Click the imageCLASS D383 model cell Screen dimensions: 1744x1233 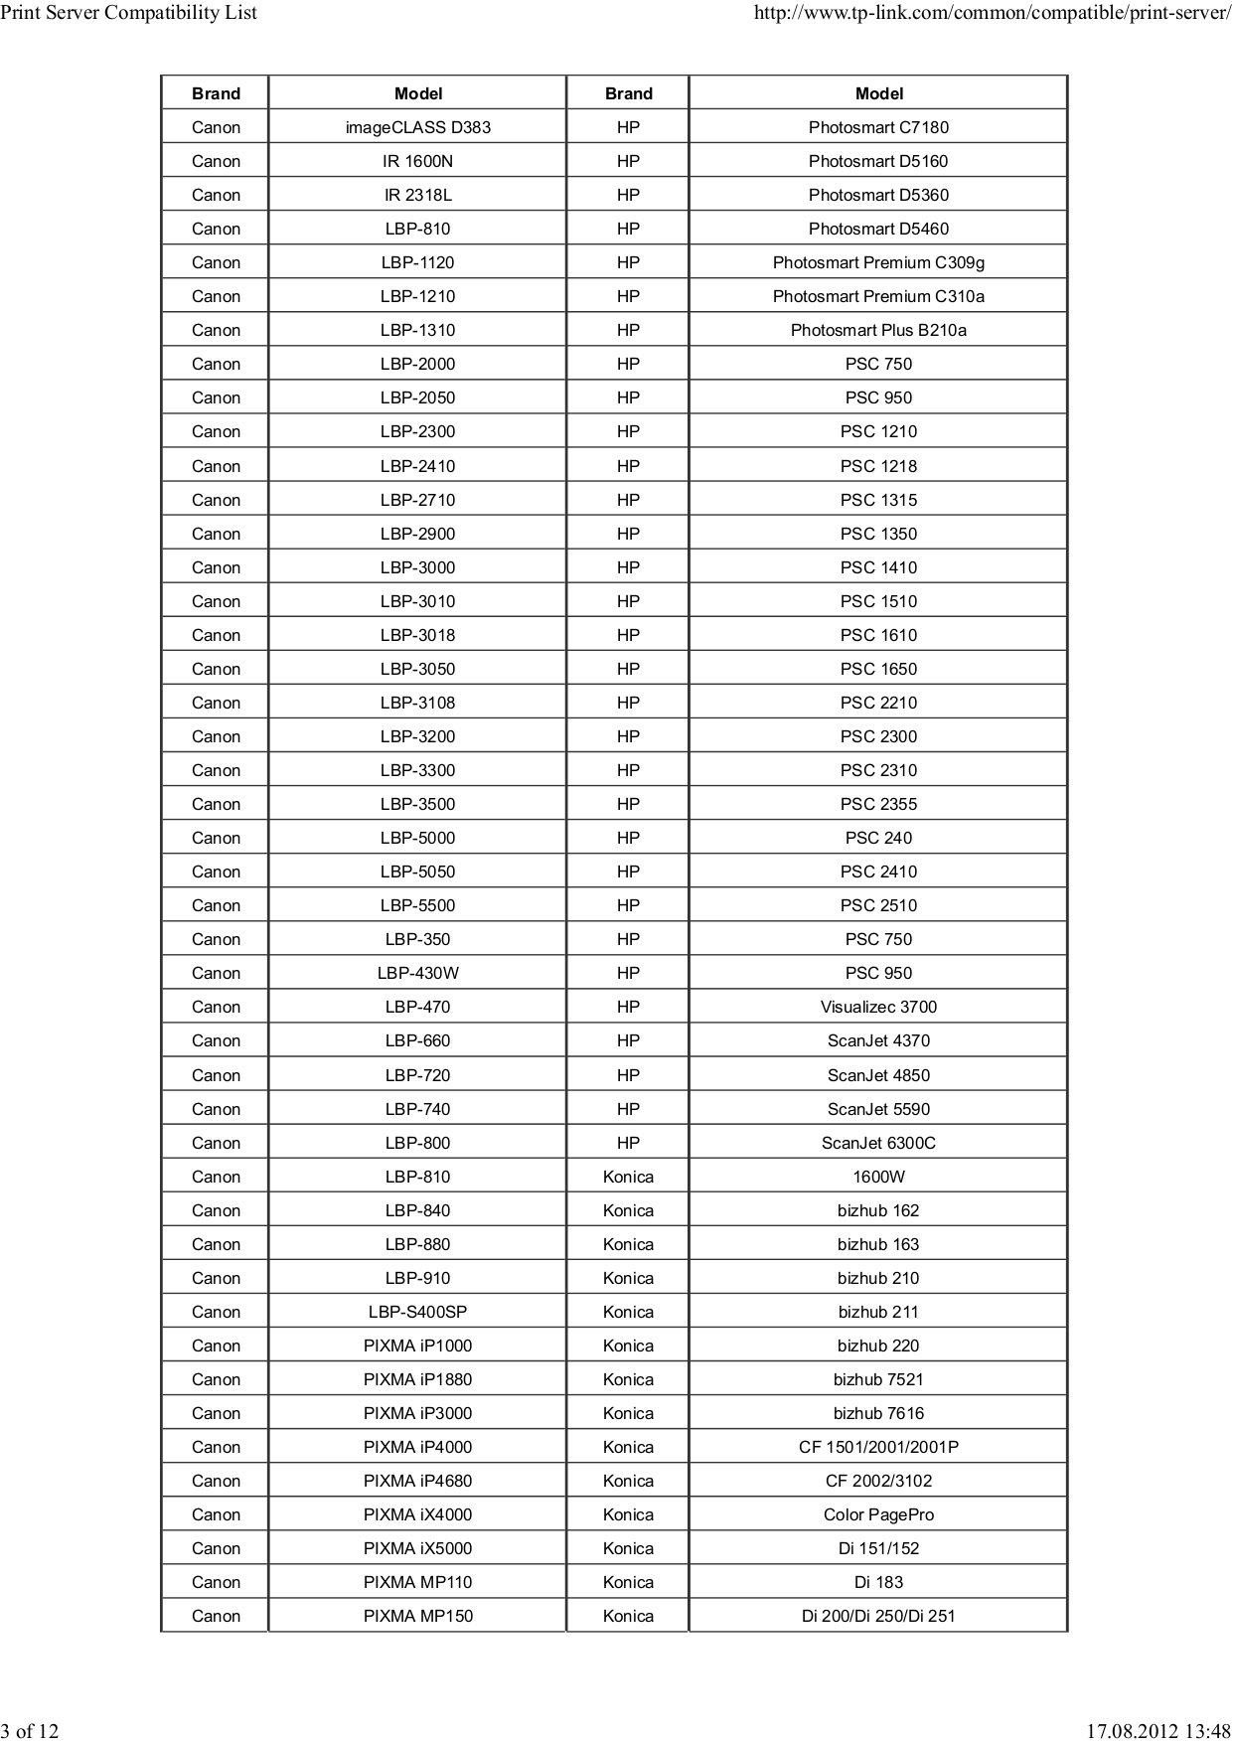417,127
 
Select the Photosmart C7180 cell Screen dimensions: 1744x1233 878,127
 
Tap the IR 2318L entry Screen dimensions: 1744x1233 417,195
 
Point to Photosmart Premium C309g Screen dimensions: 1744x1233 878,262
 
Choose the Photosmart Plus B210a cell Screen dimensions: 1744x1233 878,330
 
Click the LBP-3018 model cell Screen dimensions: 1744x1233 417,635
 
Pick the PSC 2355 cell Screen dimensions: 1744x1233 878,804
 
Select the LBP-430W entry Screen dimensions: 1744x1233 417,973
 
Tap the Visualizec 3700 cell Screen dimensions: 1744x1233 878,1007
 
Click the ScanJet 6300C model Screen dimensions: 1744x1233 878,1143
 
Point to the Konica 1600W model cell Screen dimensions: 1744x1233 878,1177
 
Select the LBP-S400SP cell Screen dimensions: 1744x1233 417,1312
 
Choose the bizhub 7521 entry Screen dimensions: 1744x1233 878,1379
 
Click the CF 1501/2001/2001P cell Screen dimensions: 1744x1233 878,1447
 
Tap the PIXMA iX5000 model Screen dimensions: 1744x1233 417,1548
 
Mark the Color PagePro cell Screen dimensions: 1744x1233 878,1514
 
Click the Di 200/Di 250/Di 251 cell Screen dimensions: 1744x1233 878,1616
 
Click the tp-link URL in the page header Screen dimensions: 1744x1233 992,13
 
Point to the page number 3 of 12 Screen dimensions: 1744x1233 30,1731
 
